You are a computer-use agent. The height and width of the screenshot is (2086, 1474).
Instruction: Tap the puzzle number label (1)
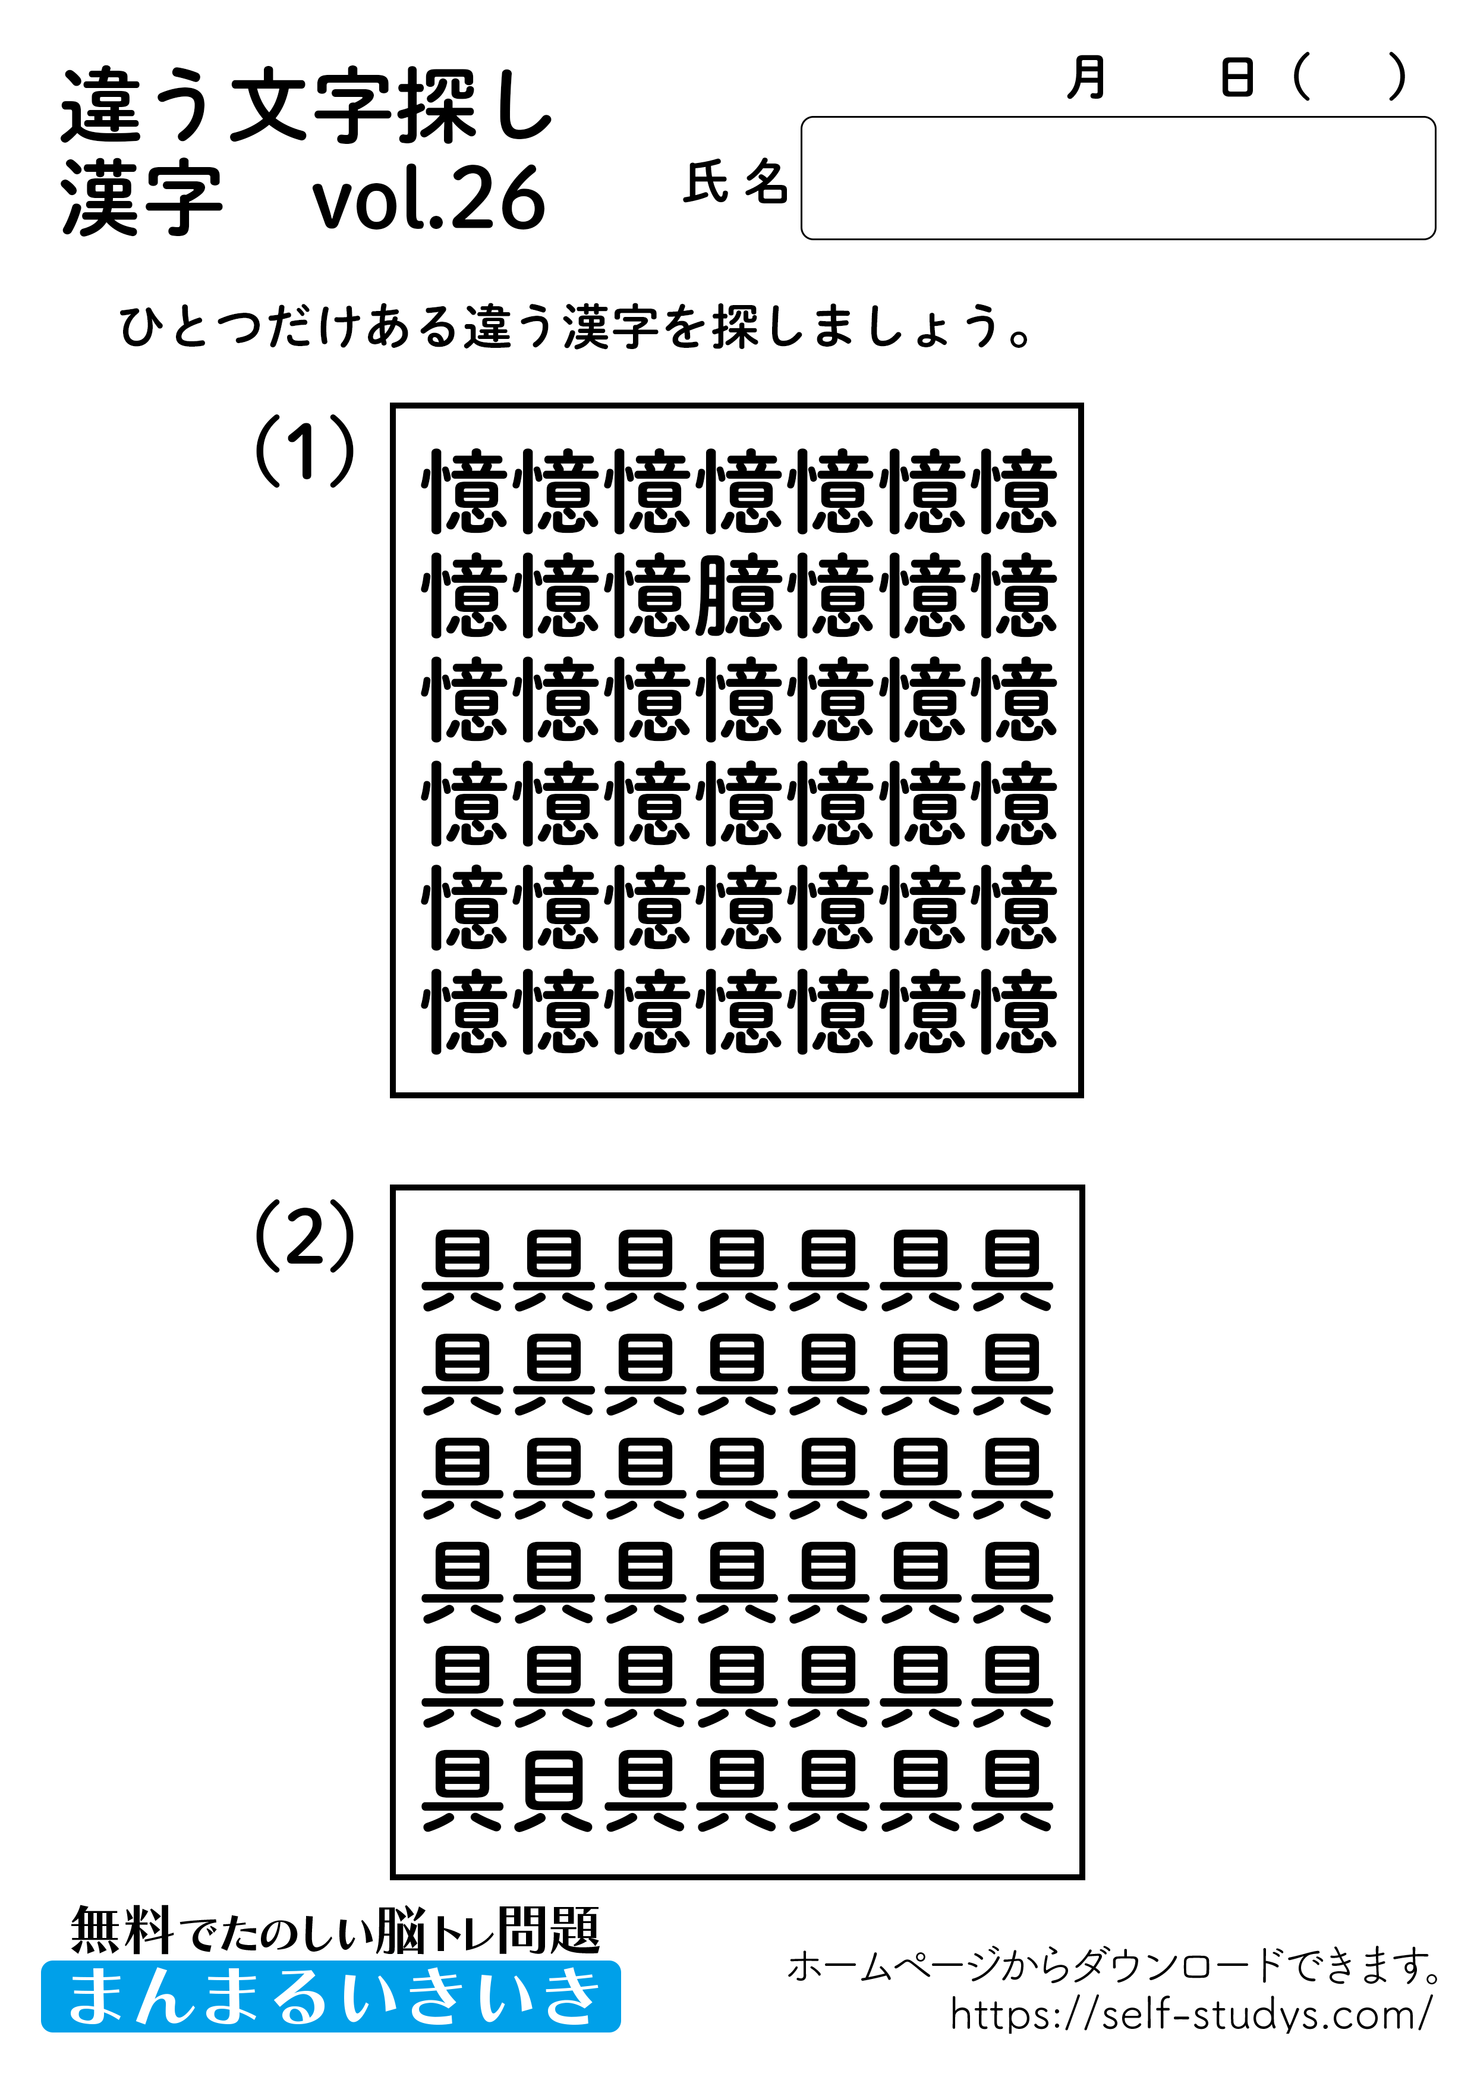[304, 451]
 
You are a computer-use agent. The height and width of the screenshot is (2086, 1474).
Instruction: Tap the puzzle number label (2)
[304, 1236]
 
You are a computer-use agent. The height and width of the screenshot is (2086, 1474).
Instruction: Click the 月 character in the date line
[1086, 77]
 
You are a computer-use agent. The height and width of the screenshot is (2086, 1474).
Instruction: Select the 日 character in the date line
[1237, 77]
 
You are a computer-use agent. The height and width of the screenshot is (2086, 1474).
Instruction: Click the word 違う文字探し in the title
[307, 106]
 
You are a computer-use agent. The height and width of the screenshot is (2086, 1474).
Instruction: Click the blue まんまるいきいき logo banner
[330, 1996]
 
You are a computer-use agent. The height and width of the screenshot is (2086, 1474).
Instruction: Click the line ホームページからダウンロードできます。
[1113, 1966]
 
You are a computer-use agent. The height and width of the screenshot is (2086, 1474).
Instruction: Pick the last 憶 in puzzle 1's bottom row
[1013, 1012]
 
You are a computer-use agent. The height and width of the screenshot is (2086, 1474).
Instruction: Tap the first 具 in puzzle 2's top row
[462, 1270]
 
